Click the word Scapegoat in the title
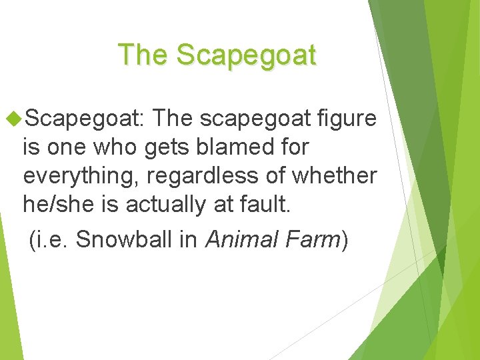point(247,55)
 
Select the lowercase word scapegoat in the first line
point(256,119)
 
